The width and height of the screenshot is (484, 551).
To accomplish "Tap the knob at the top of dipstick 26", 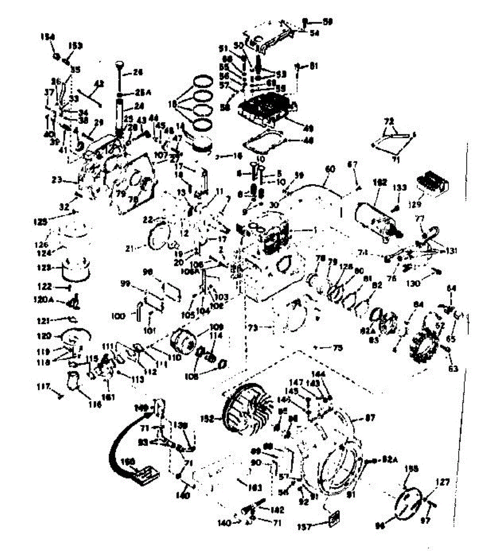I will [x=120, y=62].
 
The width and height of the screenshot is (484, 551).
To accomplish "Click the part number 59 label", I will [x=327, y=21].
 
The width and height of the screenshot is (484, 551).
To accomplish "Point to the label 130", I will [x=413, y=284].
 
